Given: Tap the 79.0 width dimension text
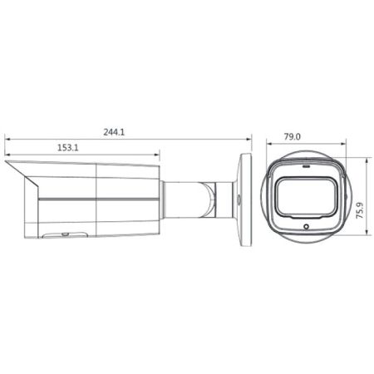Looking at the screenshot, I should tap(292, 136).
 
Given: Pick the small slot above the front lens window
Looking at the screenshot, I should tap(303, 165).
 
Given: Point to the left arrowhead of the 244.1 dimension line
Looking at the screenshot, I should tap(7, 140).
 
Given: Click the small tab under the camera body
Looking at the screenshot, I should tap(56, 235).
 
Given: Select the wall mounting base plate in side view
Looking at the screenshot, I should tap(244, 199).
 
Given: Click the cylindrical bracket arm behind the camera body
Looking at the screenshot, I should tap(187, 197).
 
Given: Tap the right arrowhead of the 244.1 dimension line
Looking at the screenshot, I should tap(249, 140).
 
